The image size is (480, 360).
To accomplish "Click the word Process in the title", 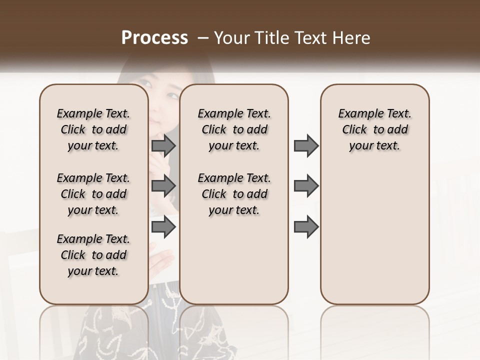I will pyautogui.click(x=154, y=38).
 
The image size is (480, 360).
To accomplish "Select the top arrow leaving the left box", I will pyautogui.click(x=163, y=146).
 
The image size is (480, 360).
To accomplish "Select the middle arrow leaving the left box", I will pyautogui.click(x=163, y=186).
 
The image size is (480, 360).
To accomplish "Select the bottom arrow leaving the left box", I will pyautogui.click(x=163, y=226).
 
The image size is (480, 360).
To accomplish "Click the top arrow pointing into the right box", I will pyautogui.click(x=306, y=146).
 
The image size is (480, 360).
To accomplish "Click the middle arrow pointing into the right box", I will pyautogui.click(x=306, y=186).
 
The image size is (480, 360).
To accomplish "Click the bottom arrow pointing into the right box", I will pyautogui.click(x=306, y=226).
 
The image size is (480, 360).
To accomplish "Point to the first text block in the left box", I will pyautogui.click(x=93, y=130).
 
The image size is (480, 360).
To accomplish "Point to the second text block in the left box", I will pyautogui.click(x=93, y=194).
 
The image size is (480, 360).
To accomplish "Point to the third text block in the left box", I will pyautogui.click(x=93, y=255).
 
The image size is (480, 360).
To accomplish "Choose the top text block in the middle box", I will pyautogui.click(x=234, y=130).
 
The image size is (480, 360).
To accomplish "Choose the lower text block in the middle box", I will pyautogui.click(x=234, y=194).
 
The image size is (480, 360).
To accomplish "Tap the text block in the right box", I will pyautogui.click(x=374, y=130).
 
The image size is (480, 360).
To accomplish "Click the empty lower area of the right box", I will pyautogui.click(x=374, y=235).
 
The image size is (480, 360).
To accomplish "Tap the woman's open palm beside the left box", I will pyautogui.click(x=161, y=260).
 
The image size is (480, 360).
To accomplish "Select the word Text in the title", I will pyautogui.click(x=307, y=38).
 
